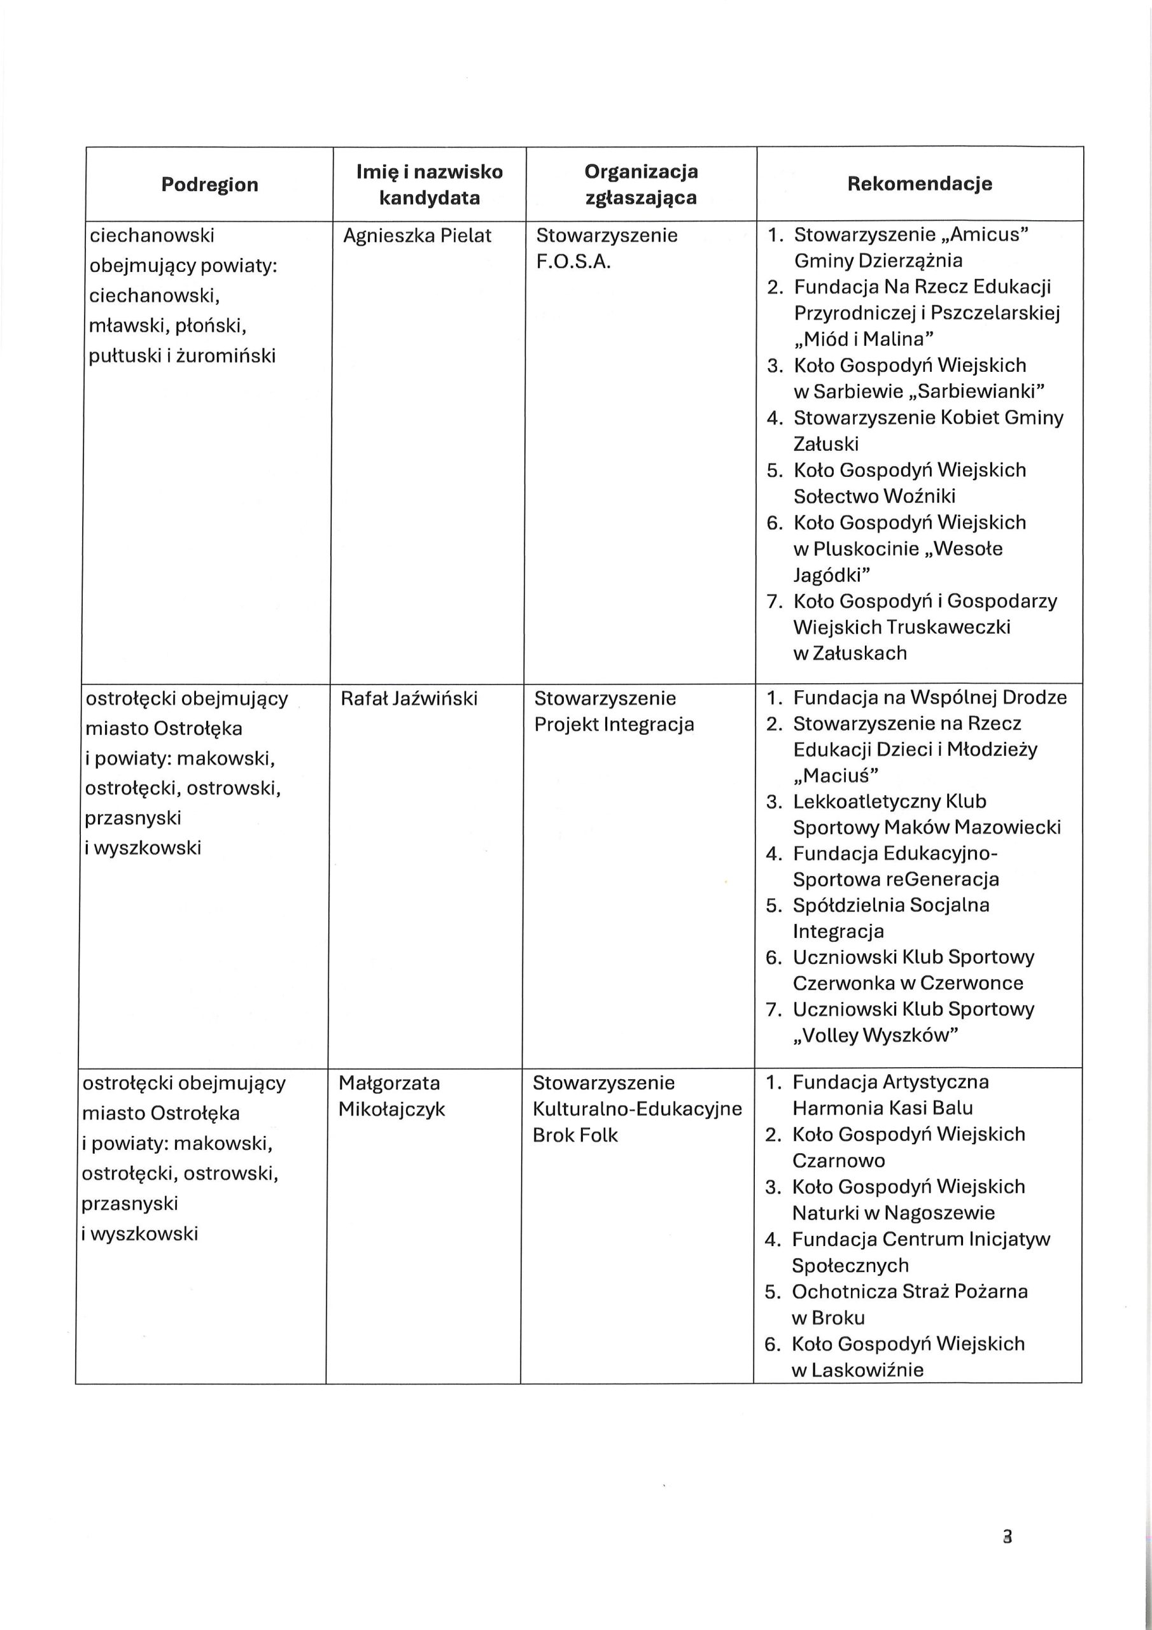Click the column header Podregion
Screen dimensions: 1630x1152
pos(209,185)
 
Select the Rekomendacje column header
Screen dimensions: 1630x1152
pos(919,184)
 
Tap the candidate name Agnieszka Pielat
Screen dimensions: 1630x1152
pos(417,236)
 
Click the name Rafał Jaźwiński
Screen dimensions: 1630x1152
pos(409,698)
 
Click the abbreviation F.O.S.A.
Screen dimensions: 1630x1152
pos(573,262)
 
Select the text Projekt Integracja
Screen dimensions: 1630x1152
pos(614,725)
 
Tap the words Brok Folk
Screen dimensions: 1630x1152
pos(575,1135)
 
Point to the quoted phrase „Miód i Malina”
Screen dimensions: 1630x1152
pos(863,339)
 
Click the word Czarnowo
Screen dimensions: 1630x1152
pos(838,1161)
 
